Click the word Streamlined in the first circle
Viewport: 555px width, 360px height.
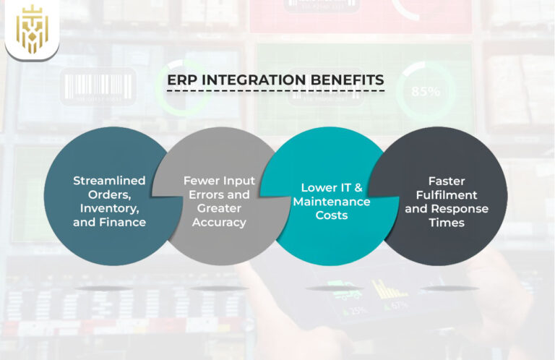pyautogui.click(x=109, y=180)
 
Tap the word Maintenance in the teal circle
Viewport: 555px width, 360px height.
pyautogui.click(x=331, y=202)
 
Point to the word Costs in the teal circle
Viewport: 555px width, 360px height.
pyautogui.click(x=332, y=215)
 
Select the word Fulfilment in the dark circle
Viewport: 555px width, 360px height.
pyautogui.click(x=446, y=195)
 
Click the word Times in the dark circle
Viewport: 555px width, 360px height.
pyautogui.click(x=446, y=223)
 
